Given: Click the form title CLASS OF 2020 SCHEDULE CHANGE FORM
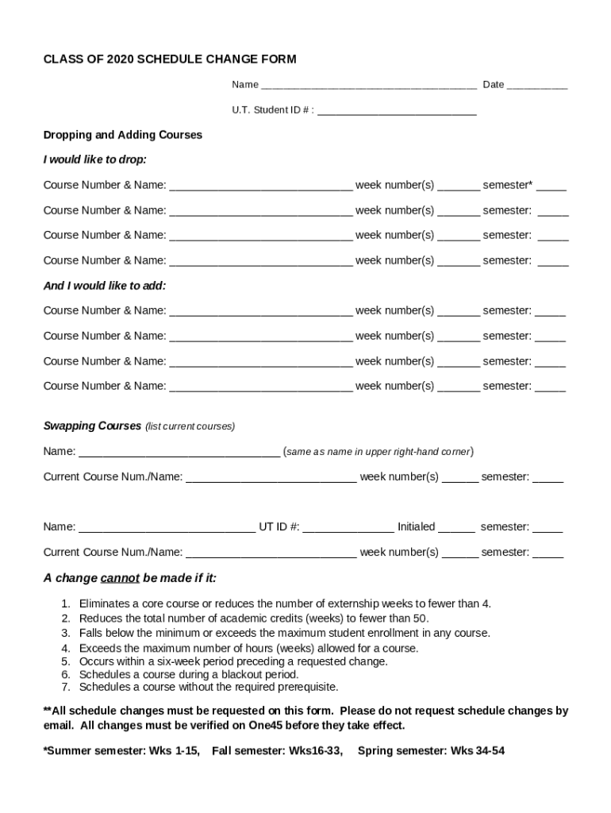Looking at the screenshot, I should click(x=170, y=60).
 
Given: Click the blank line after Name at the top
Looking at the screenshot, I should click(x=368, y=86).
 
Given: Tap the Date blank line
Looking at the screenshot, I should click(x=536, y=86).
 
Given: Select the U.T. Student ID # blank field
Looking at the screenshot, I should click(x=396, y=111).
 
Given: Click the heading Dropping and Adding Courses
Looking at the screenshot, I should click(x=123, y=135).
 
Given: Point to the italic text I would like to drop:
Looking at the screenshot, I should click(x=94, y=160).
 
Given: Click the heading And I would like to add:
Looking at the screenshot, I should click(x=105, y=286).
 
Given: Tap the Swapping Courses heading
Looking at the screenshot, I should click(x=92, y=426).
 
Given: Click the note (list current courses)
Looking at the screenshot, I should click(x=190, y=426).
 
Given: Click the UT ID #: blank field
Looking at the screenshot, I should click(x=348, y=527).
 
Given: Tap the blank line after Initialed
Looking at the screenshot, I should click(x=456, y=527).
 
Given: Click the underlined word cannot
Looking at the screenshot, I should click(x=120, y=578).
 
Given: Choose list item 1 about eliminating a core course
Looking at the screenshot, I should click(x=285, y=603).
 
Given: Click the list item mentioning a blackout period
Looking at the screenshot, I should click(x=189, y=675).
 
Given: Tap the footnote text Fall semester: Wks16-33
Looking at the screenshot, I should click(x=278, y=750).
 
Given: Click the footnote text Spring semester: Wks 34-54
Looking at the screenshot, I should click(x=431, y=750).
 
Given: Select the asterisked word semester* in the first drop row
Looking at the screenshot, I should click(x=508, y=185).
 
